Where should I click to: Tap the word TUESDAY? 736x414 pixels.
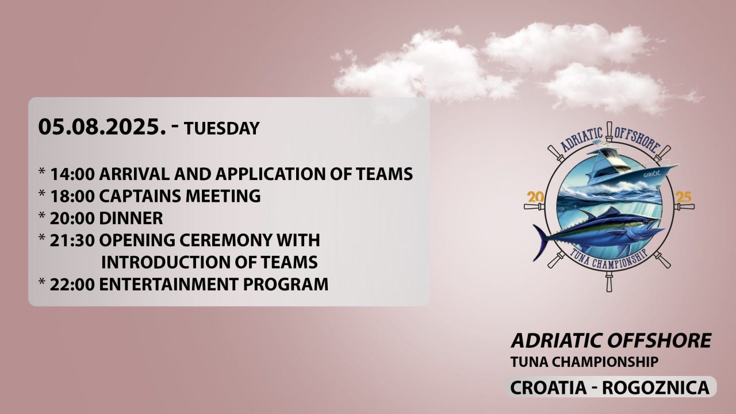click(222, 128)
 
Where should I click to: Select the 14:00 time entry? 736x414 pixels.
click(72, 174)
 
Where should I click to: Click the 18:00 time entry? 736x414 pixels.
click(72, 196)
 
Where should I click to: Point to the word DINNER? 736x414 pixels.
click(131, 218)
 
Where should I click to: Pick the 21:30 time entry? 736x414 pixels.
click(72, 240)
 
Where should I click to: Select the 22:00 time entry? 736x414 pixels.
click(72, 284)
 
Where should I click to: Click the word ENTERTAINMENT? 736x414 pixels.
click(168, 284)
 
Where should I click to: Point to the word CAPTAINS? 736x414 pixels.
click(140, 196)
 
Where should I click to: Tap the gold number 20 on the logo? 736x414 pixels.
click(535, 197)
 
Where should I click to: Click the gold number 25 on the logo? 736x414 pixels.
click(683, 197)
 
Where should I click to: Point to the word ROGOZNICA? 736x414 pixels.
click(656, 388)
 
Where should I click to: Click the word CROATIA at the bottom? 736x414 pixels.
click(548, 388)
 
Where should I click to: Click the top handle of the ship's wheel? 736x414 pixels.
click(609, 130)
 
